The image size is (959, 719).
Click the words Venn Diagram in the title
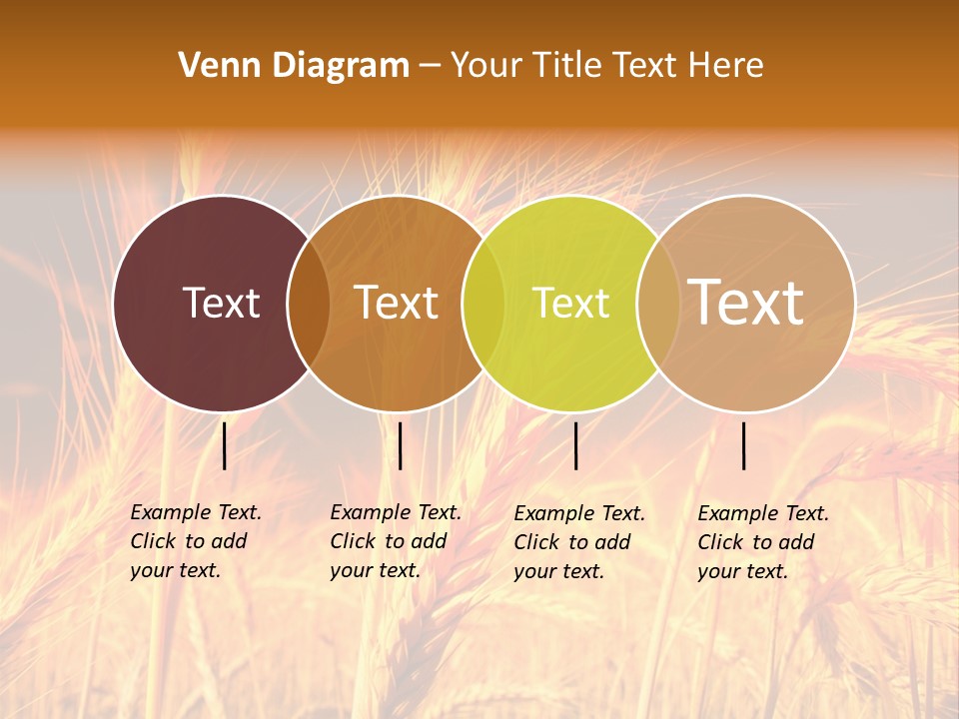pos(294,66)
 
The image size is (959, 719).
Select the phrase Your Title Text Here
pos(606,66)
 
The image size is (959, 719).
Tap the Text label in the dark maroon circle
pos(221,303)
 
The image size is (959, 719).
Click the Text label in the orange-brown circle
pos(397,303)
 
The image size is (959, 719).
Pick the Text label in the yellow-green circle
pos(570,303)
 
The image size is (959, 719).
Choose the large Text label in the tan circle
pos(746,302)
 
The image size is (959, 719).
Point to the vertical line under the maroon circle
pos(225,445)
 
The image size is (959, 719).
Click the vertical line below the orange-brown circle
pos(400,445)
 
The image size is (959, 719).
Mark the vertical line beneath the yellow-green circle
pos(575,445)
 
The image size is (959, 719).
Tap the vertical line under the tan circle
pos(744,445)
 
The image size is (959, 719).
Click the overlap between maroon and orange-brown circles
pos(309,304)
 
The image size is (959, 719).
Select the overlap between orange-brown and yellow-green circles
pos(483,304)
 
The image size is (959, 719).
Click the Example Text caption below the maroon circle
pos(195,541)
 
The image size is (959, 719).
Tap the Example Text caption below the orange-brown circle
pos(395,541)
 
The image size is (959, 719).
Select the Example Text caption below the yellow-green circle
pos(578,542)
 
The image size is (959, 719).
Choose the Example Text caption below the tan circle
pos(762,542)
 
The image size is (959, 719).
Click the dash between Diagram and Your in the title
pos(430,66)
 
